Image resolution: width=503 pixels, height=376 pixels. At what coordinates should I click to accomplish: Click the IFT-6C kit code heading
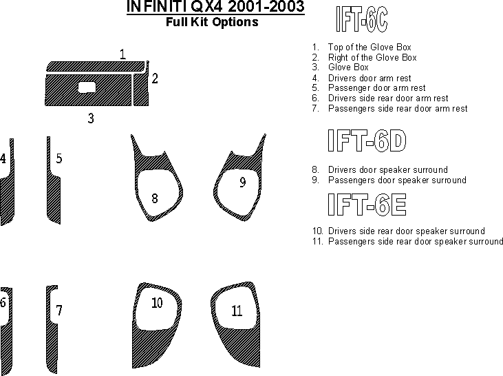361,19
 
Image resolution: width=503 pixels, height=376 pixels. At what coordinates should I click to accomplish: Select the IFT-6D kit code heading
367,140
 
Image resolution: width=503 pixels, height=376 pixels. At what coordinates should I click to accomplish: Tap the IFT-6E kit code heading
367,205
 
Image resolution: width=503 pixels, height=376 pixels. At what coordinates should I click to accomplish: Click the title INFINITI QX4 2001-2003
215,6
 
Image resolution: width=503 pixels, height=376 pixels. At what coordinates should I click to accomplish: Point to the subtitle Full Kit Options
212,22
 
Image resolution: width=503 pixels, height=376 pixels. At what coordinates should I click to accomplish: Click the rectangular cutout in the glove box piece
87,87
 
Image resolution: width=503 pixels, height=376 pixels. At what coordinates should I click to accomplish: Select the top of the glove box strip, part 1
96,66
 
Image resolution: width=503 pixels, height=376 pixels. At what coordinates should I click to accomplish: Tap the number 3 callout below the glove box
91,118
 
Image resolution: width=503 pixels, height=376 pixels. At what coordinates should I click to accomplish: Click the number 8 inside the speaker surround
155,198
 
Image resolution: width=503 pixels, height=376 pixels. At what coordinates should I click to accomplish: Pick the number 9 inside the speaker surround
243,182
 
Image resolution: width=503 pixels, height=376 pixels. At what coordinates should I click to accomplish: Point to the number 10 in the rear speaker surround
157,303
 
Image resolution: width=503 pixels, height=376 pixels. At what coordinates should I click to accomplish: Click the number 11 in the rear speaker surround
237,311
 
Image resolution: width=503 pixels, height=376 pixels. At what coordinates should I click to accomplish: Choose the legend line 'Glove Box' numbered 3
348,67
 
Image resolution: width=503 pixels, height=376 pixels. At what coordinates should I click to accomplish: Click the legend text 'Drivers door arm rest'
370,78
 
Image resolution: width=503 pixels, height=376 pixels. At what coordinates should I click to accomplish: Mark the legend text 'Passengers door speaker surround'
397,180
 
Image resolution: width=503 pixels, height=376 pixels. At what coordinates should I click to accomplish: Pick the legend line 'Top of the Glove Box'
370,48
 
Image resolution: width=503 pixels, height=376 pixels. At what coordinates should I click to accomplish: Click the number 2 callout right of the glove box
155,79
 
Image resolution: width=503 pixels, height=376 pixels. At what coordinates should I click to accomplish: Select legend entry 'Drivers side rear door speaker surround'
407,231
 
